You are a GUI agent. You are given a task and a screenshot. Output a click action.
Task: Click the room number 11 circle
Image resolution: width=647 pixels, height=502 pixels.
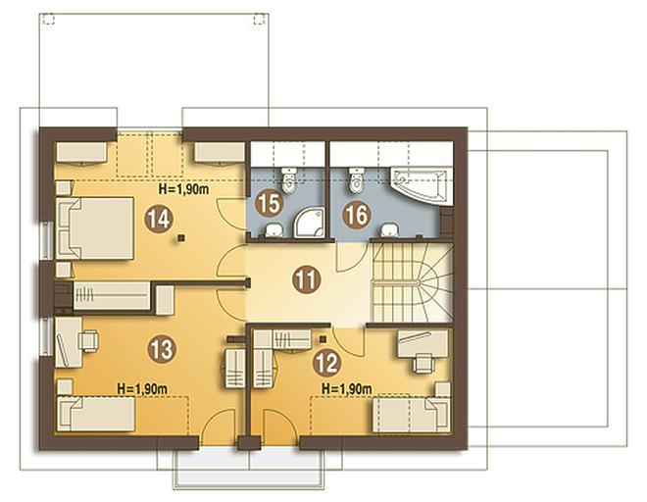[x=307, y=280]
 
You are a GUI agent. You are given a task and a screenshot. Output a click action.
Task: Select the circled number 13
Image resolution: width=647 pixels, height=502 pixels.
[x=162, y=349]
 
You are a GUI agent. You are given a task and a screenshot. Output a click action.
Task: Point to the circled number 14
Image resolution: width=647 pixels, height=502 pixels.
[x=159, y=219]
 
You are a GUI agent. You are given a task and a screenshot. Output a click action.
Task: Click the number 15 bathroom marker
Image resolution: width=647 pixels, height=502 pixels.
[x=269, y=203]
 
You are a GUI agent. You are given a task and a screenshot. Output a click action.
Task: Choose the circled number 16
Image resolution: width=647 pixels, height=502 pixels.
[x=357, y=215]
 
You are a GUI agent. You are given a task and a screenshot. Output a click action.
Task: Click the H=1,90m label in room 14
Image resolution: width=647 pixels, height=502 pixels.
[x=183, y=189]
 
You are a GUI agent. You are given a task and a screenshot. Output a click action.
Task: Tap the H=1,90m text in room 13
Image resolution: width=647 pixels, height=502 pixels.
[x=142, y=389]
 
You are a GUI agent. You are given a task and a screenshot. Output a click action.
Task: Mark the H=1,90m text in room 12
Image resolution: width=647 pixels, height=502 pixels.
[x=347, y=388]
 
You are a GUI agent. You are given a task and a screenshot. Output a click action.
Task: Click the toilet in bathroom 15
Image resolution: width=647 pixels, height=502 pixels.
[x=288, y=179]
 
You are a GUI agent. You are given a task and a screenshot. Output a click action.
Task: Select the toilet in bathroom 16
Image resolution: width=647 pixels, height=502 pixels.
[x=357, y=179]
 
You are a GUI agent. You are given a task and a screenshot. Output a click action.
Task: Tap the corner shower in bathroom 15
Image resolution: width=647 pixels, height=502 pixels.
[x=308, y=223]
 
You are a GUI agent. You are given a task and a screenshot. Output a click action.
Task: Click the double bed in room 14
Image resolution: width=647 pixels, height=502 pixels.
[x=95, y=228]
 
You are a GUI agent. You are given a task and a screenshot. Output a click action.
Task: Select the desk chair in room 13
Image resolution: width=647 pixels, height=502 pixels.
[x=88, y=341]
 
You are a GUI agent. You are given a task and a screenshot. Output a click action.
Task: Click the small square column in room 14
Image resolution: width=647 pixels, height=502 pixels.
[x=180, y=237]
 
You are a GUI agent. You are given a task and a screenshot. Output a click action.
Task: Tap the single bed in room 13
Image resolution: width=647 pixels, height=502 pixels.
[x=96, y=414]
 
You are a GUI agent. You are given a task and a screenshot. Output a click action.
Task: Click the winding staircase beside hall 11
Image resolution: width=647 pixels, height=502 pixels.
[x=412, y=282]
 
